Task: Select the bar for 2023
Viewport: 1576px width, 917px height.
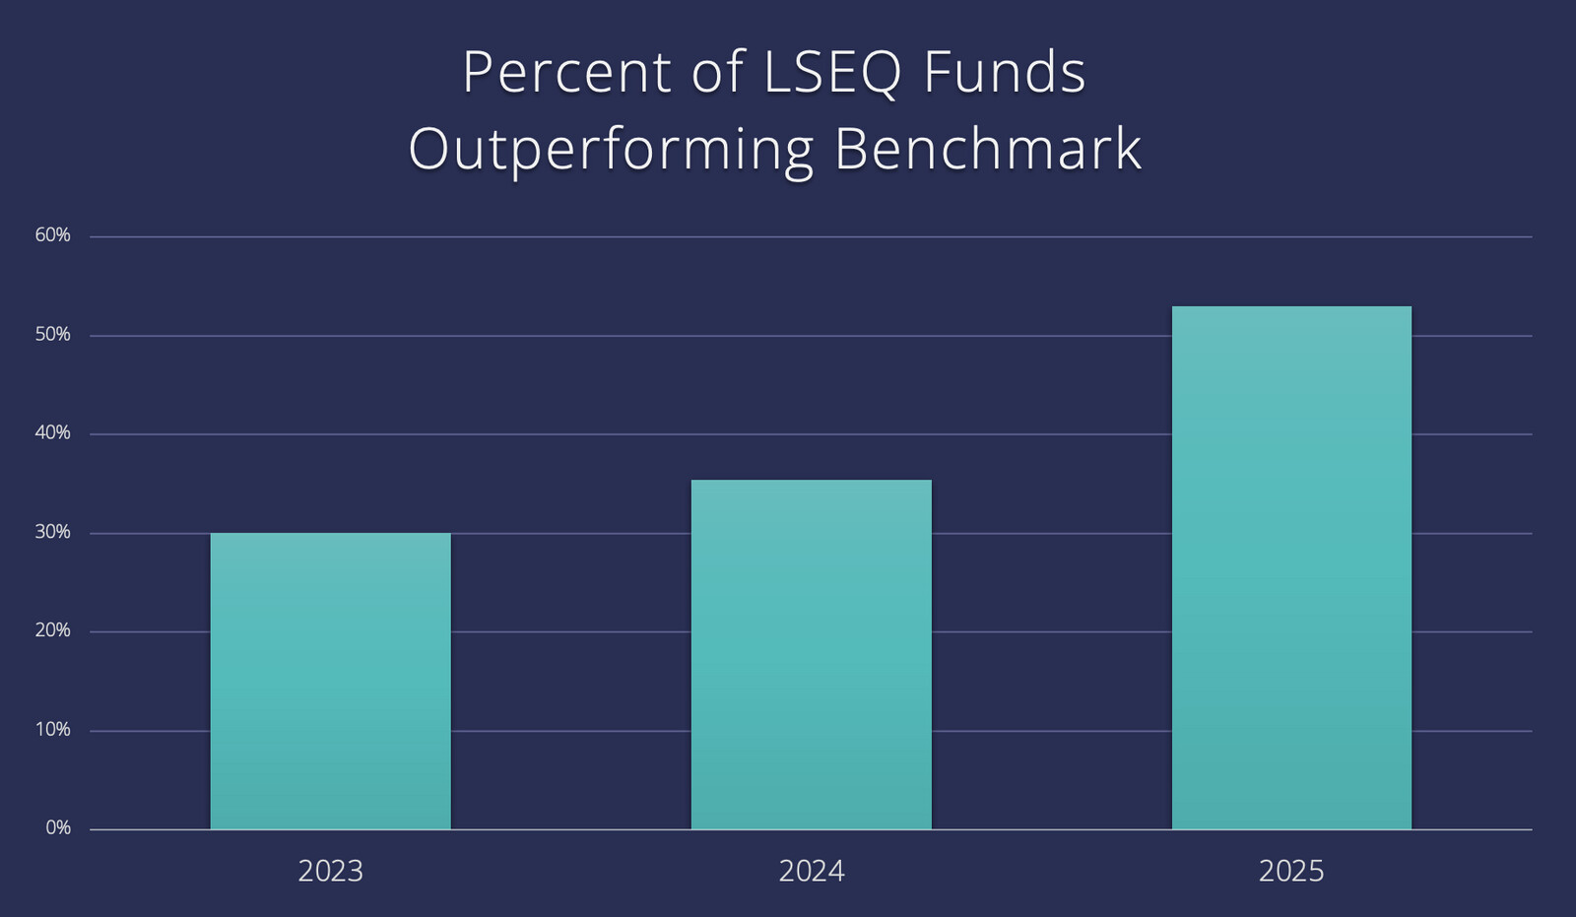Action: point(330,681)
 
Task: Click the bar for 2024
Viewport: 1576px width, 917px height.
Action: point(811,654)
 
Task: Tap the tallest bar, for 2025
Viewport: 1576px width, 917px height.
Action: point(1291,567)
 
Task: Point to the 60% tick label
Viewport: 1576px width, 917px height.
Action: point(52,235)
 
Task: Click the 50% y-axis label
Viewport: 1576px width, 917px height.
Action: point(52,335)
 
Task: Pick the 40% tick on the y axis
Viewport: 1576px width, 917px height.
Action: point(52,433)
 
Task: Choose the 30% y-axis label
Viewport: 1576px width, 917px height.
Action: point(52,532)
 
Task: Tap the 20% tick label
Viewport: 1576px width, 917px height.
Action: point(52,630)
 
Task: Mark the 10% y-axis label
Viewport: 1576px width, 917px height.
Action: point(52,730)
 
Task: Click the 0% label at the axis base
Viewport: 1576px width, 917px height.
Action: point(58,828)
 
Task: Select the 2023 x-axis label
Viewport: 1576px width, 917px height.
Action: point(330,872)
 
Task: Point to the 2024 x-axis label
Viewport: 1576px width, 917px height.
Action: point(811,872)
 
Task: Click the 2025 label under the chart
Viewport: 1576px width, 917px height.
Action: point(1291,872)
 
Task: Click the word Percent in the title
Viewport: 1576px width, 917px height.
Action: point(567,73)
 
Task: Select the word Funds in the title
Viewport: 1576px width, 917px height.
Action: point(1004,73)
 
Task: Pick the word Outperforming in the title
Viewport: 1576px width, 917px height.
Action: point(611,151)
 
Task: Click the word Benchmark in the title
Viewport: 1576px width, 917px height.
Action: point(987,149)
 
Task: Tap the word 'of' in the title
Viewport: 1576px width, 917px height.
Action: point(717,73)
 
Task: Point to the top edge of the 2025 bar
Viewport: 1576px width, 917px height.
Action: point(1291,307)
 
